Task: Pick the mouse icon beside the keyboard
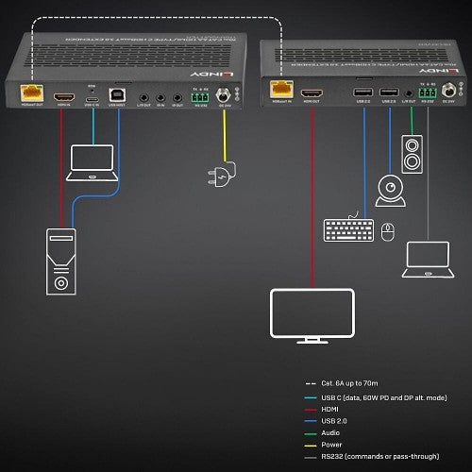[x=387, y=229]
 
